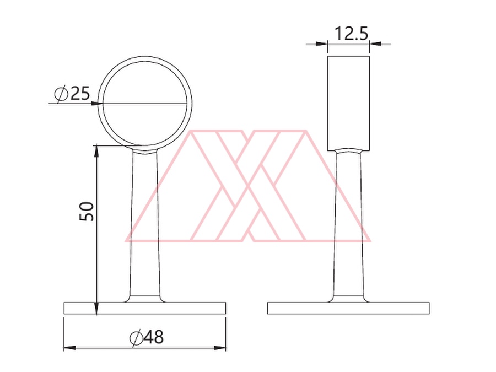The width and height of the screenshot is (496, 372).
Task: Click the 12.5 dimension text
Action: coord(352,34)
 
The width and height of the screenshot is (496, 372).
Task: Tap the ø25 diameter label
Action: coord(72,94)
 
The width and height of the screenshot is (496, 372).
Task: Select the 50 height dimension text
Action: coord(87,211)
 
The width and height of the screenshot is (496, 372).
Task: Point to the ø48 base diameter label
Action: coord(147,337)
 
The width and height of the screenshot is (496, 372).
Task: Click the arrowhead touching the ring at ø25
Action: coord(96,104)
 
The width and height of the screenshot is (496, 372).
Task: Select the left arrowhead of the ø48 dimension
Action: coord(70,348)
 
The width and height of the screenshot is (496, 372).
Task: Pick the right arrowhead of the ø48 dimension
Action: coord(220,348)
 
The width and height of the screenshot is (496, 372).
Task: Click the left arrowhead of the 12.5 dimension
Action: coord(321,44)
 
